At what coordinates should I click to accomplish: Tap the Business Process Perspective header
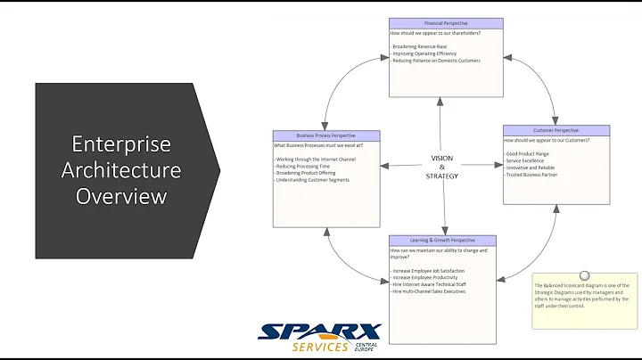(x=325, y=135)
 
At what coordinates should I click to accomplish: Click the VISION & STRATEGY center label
(x=442, y=166)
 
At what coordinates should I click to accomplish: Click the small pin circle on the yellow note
(x=584, y=276)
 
